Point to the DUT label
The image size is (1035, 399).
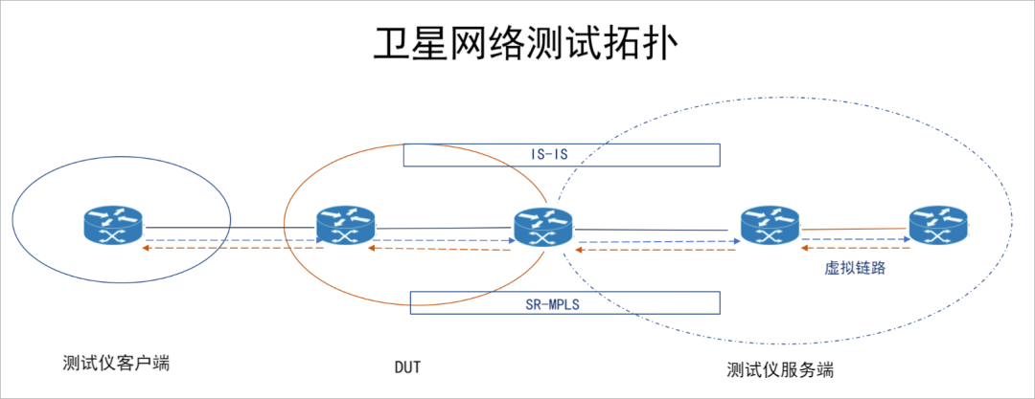point(407,366)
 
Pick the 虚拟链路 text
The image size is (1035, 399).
point(855,269)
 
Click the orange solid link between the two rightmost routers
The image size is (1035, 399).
point(855,229)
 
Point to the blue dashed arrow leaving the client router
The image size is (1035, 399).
point(230,239)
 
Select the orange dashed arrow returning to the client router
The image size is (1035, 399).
point(230,248)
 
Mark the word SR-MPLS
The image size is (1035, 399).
point(563,303)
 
